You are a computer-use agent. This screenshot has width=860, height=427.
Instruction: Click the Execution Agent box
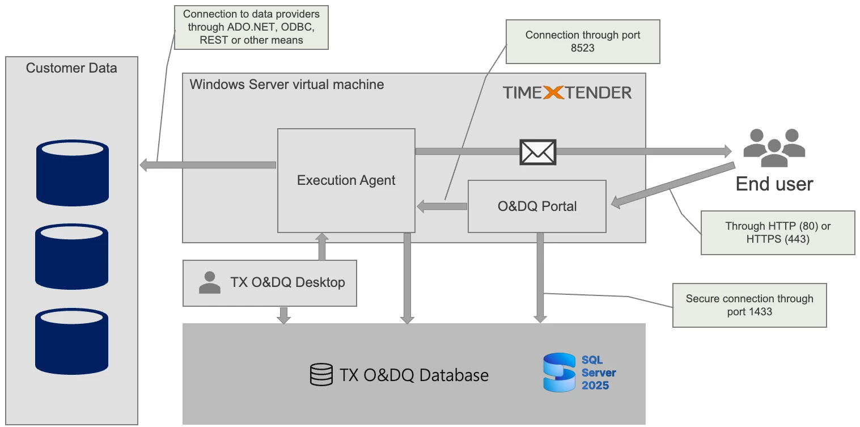pos(346,180)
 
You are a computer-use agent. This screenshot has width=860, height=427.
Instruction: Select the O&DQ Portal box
pos(536,206)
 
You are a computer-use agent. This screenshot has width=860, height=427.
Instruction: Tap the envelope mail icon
pos(538,151)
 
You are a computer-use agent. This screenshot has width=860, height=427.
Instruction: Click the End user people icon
pos(774,147)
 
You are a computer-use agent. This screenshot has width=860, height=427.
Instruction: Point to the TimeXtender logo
pos(567,92)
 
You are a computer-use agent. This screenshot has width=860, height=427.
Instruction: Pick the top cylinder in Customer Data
pos(73,173)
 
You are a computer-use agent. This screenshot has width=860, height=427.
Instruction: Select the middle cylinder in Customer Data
pos(73,256)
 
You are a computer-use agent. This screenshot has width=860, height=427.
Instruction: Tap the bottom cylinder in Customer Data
pos(73,340)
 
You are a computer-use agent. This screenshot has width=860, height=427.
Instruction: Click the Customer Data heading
pos(71,69)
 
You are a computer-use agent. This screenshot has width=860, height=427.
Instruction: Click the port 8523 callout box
pos(582,41)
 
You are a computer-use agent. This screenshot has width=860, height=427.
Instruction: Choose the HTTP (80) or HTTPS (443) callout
pos(777,232)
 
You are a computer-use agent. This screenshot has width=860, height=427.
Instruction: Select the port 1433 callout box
pos(749,305)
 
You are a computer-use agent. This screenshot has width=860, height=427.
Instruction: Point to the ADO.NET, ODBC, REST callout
pos(251,27)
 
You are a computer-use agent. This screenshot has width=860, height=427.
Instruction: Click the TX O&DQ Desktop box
pos(270,282)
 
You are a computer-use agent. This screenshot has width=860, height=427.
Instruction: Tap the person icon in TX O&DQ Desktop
pos(210,282)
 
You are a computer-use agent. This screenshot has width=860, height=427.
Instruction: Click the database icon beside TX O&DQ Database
pos(321,375)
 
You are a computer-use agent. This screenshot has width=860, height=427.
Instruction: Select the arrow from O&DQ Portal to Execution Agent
pos(442,206)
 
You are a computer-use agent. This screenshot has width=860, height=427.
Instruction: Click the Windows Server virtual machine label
pos(287,84)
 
